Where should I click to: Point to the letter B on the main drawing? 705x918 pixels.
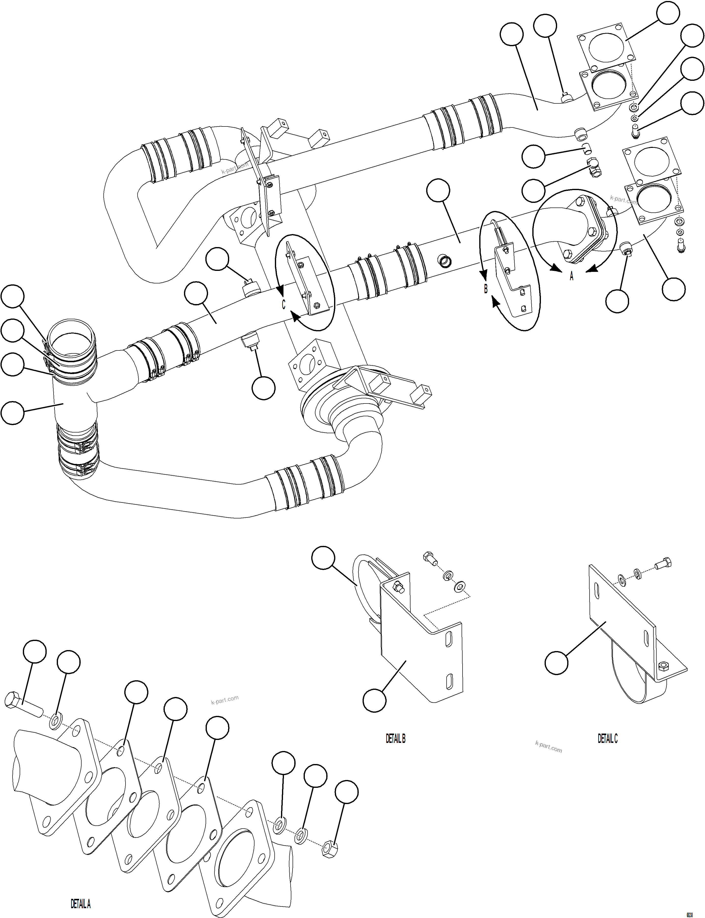[x=486, y=289]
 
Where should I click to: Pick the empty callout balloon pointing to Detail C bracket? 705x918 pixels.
[x=556, y=663]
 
